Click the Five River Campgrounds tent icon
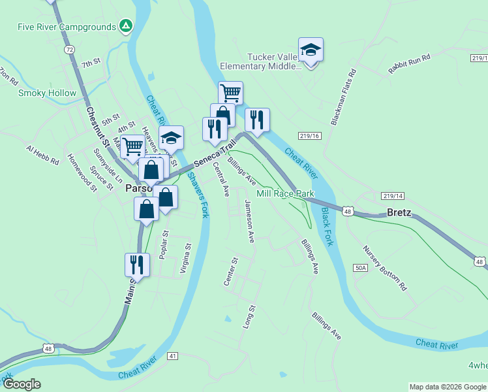point(127,27)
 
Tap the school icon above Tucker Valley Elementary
point(311,50)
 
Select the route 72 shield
point(70,50)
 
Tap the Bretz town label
point(399,213)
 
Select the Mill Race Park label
point(285,193)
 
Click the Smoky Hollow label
point(47,93)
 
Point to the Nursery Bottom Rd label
point(385,268)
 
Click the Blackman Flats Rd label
point(343,97)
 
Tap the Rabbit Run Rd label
point(410,66)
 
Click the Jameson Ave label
point(249,221)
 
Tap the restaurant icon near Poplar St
point(137,265)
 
